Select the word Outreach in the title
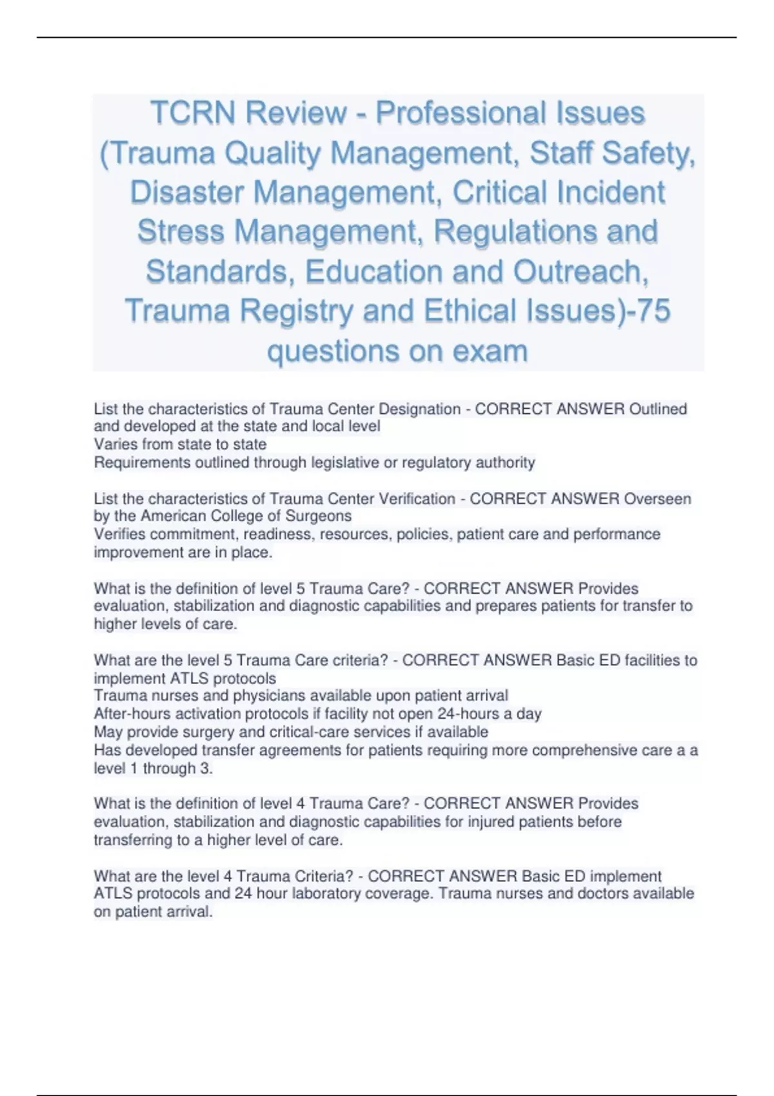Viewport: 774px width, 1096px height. coord(580,272)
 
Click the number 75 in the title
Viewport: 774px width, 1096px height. coord(652,311)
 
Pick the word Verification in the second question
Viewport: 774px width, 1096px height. coord(417,499)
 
